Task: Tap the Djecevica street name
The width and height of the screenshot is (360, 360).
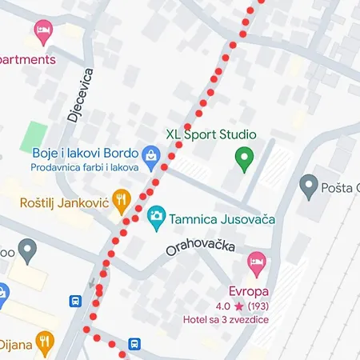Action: click(80, 95)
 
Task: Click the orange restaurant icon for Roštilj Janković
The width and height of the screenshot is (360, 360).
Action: click(122, 201)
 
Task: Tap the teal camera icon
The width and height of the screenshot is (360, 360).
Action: click(157, 216)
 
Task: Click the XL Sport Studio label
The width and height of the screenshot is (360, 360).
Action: click(210, 134)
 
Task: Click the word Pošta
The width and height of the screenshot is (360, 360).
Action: click(339, 188)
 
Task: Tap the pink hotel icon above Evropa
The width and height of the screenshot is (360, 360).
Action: click(256, 261)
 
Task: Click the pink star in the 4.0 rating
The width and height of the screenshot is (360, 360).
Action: click(238, 306)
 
